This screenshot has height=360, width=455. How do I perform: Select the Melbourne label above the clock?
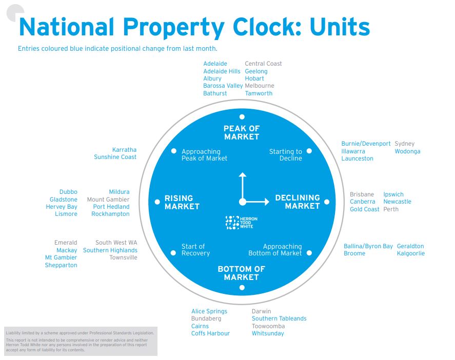point(260,86)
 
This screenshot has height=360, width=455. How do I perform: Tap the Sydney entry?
point(404,144)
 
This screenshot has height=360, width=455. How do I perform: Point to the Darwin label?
point(261,311)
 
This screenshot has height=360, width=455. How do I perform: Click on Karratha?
point(124,150)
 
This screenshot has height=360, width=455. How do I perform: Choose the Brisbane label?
point(362,195)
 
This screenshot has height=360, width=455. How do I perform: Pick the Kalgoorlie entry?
point(410,253)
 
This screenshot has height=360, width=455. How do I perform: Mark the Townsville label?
point(123,257)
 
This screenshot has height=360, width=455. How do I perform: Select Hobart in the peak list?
point(254,78)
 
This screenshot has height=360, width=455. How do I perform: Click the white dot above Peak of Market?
point(242,116)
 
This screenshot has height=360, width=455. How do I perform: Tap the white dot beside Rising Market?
point(157,202)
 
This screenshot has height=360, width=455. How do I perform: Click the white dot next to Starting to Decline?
point(309,151)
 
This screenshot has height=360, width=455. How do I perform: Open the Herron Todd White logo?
point(241,222)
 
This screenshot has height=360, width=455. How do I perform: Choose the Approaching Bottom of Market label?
point(275,250)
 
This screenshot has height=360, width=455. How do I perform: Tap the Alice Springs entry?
point(209,311)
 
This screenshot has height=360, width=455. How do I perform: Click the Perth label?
point(390,209)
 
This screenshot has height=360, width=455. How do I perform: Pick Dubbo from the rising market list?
point(68,192)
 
